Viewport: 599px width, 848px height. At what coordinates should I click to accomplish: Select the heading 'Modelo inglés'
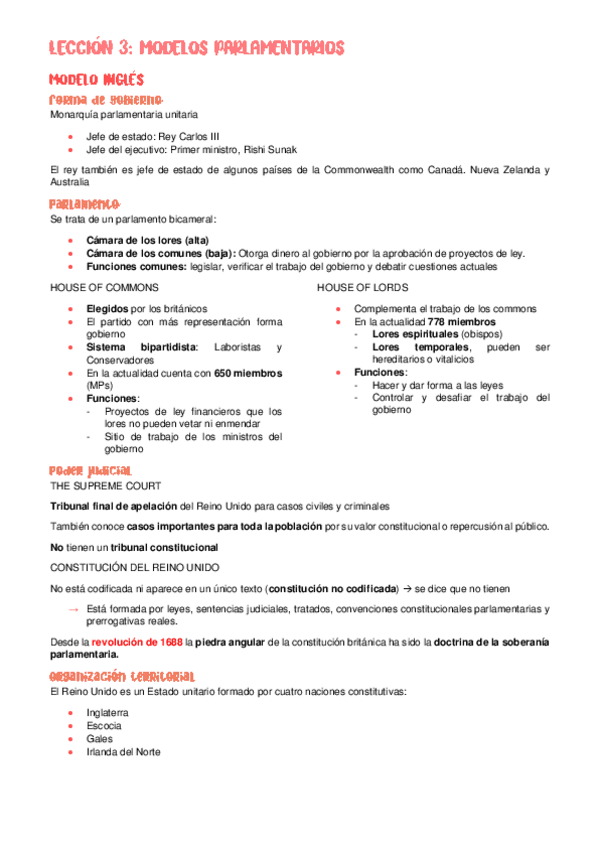97,79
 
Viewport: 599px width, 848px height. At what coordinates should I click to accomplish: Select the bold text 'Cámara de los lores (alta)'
147,240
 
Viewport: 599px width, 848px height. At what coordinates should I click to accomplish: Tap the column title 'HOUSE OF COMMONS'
98,287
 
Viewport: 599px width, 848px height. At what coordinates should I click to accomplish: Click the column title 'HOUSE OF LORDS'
357,287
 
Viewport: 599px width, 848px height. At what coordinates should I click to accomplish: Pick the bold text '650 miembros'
248,373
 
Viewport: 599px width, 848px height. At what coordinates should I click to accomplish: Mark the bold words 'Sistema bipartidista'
142,347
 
